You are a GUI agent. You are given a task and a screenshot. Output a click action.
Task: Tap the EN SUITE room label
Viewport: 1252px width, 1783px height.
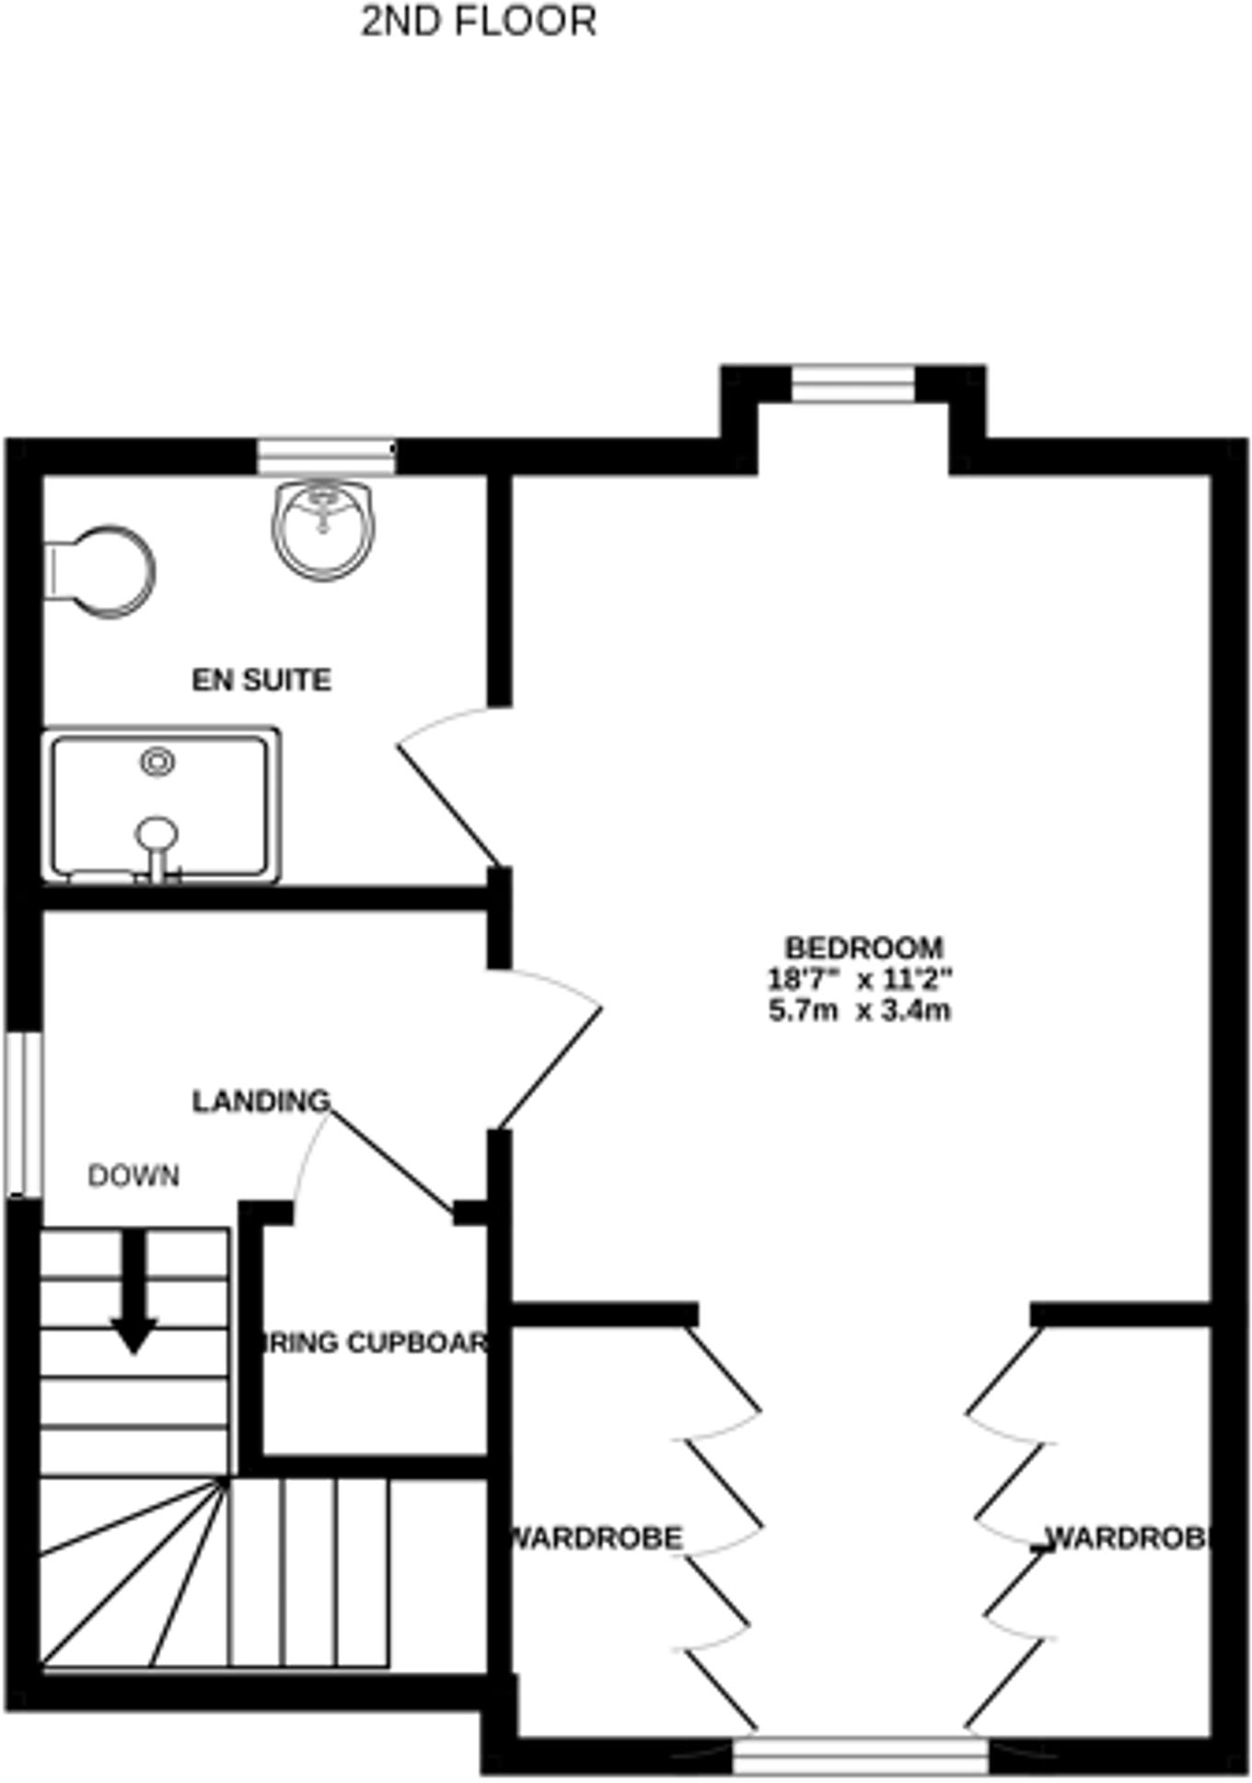click(261, 680)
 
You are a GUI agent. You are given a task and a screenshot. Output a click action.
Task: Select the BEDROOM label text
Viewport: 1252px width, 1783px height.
click(864, 948)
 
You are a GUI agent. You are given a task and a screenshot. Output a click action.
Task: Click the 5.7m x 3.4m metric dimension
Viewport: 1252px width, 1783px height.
click(860, 1010)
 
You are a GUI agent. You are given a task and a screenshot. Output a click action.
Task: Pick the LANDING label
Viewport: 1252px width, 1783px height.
click(261, 1101)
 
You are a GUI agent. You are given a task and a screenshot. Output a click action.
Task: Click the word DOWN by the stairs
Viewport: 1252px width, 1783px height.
click(133, 1176)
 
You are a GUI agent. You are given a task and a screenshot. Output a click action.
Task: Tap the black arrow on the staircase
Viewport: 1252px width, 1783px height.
click(134, 1289)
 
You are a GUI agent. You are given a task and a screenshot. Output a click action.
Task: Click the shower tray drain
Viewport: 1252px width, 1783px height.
click(158, 762)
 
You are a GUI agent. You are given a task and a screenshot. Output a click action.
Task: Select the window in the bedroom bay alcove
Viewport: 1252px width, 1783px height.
click(853, 383)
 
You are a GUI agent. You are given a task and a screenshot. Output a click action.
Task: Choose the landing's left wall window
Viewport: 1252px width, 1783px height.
click(24, 1114)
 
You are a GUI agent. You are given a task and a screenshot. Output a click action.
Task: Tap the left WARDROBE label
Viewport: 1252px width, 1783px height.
click(597, 1538)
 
